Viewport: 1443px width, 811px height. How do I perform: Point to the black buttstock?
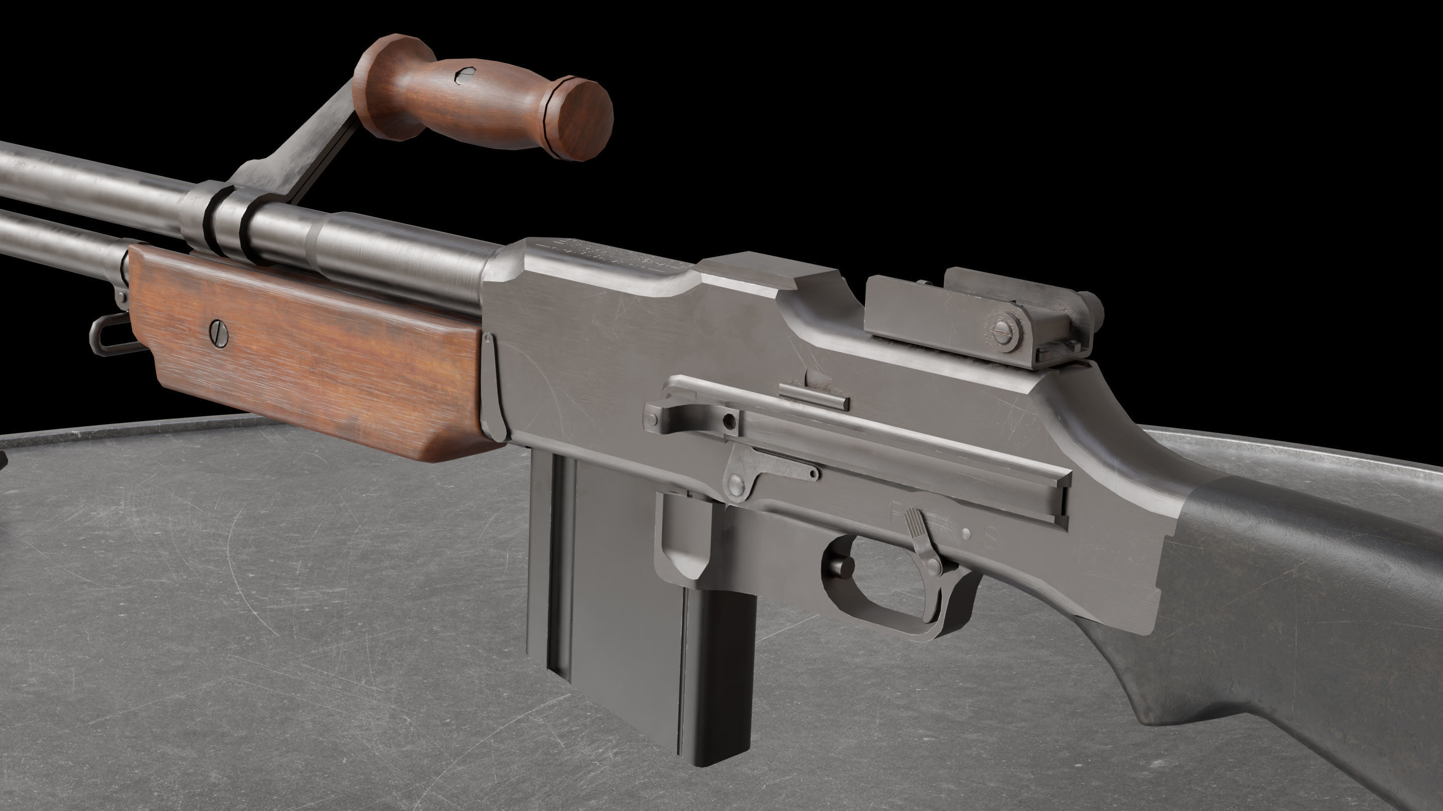pos(1316,616)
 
